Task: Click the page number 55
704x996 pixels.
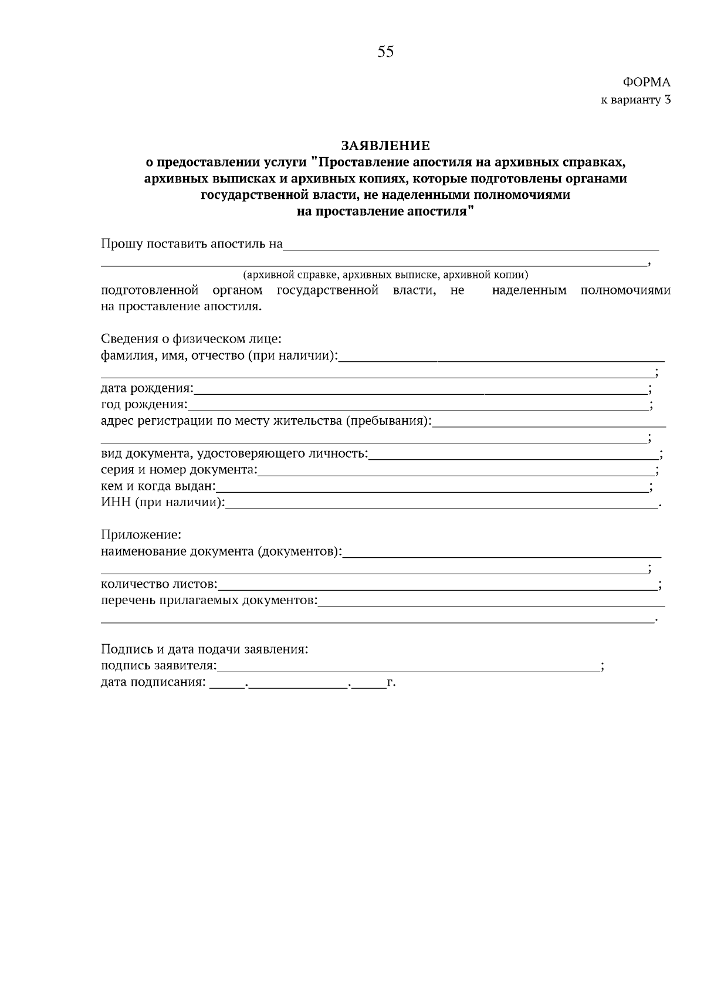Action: pyautogui.click(x=385, y=52)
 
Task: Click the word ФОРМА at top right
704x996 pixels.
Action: pyautogui.click(x=646, y=83)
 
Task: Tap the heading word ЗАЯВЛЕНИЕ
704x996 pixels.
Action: pyautogui.click(x=385, y=145)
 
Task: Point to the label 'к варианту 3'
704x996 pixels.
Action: pyautogui.click(x=635, y=100)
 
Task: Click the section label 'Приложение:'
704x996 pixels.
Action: pyautogui.click(x=141, y=535)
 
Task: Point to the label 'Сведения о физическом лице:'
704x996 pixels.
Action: pyautogui.click(x=191, y=339)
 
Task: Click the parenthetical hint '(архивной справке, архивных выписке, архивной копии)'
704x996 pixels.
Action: pyautogui.click(x=386, y=275)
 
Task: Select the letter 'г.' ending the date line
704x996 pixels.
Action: pyautogui.click(x=391, y=682)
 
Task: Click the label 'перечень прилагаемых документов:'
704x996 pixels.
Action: pyautogui.click(x=209, y=601)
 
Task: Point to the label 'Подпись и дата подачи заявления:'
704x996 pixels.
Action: pyautogui.click(x=205, y=649)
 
